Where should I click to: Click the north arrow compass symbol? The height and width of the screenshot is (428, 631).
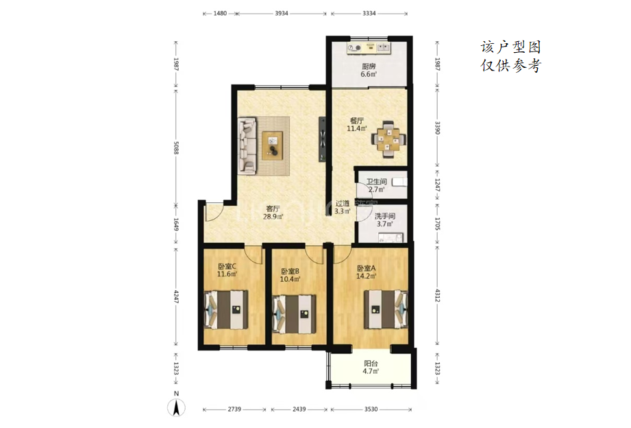coord(176,407)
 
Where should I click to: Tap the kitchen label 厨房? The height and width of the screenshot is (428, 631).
coord(369,67)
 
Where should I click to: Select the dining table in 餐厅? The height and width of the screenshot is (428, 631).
coord(388,139)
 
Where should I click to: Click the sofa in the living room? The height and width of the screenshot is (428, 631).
coord(247,145)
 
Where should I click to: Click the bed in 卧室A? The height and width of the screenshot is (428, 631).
coord(386,309)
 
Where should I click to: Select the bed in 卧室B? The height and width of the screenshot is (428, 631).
coord(294,314)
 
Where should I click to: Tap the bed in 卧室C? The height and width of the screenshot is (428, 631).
coord(226,309)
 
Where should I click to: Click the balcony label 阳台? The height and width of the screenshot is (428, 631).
coord(371,364)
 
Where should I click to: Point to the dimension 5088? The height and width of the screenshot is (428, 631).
coord(176,147)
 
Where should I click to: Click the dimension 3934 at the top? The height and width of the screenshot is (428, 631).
coord(282,13)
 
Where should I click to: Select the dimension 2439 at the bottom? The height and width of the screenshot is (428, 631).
coord(299,409)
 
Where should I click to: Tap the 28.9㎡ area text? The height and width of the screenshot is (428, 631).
coord(273,217)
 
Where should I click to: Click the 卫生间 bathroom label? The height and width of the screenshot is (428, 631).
coord(377,182)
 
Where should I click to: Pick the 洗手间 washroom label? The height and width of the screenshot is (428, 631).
coord(385,217)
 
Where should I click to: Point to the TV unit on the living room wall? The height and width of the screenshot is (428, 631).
coord(322,139)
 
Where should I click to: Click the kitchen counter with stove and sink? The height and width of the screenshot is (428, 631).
coord(369,48)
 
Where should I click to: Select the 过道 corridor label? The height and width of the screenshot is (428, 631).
coord(343,204)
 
